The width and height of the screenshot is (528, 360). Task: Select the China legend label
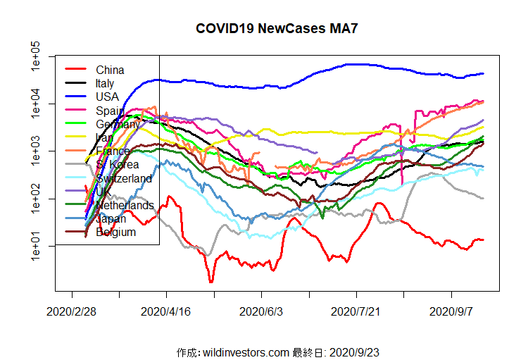(x=110, y=70)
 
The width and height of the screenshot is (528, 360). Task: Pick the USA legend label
(x=108, y=97)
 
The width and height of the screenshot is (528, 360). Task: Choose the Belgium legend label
(x=115, y=232)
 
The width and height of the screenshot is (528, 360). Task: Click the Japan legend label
(x=112, y=218)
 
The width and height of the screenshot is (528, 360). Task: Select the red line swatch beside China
(x=75, y=70)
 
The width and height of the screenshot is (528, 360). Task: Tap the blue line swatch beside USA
(x=75, y=97)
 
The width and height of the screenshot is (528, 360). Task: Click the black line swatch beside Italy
(x=75, y=83)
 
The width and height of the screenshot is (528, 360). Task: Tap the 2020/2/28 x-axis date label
(x=72, y=311)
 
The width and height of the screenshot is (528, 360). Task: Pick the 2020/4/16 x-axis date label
(x=166, y=311)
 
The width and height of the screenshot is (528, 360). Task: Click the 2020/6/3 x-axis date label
(x=261, y=311)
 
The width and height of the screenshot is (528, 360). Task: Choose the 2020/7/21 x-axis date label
(x=356, y=311)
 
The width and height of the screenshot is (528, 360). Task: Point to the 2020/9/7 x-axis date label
(x=451, y=311)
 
